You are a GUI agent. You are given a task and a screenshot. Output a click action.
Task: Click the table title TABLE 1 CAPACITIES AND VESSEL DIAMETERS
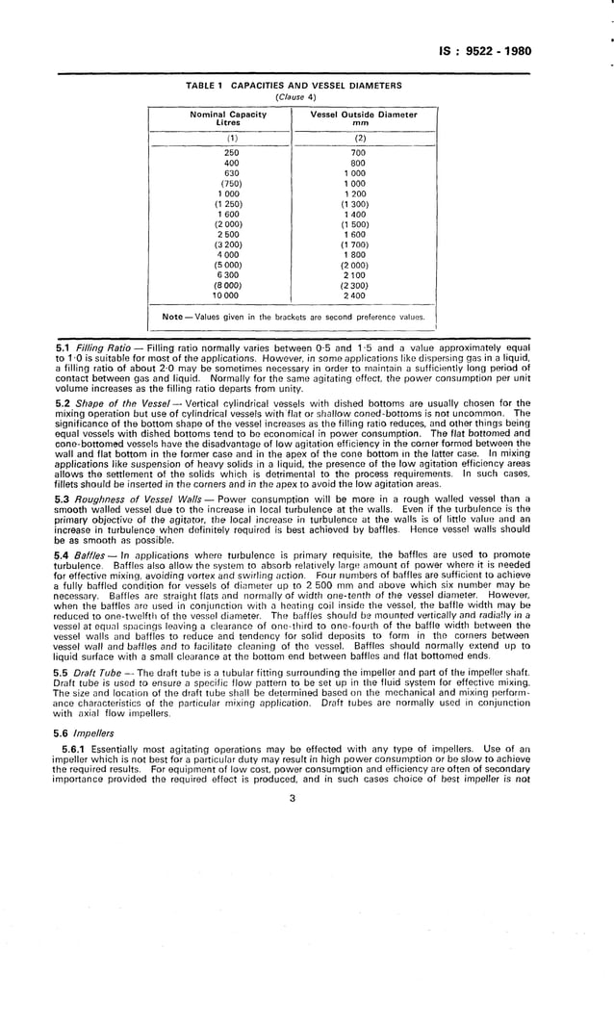pyautogui.click(x=293, y=86)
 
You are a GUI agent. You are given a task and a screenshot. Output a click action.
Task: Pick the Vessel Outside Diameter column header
pyautogui.click(x=364, y=118)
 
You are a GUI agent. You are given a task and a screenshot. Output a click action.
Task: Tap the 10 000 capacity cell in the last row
pyautogui.click(x=231, y=295)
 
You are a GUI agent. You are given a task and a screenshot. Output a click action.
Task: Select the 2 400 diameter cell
pyautogui.click(x=360, y=295)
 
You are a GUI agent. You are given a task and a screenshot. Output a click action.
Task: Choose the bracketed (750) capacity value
pyautogui.click(x=231, y=184)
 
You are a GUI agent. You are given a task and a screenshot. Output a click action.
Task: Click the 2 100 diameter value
pyautogui.click(x=360, y=275)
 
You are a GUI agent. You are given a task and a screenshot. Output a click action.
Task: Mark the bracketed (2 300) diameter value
pyautogui.click(x=360, y=285)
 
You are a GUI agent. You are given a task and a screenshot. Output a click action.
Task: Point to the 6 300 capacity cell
pyautogui.click(x=231, y=275)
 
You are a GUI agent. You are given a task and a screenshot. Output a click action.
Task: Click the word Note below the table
pyautogui.click(x=173, y=316)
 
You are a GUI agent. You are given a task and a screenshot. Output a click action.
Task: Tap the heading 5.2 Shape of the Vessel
pyautogui.click(x=108, y=403)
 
